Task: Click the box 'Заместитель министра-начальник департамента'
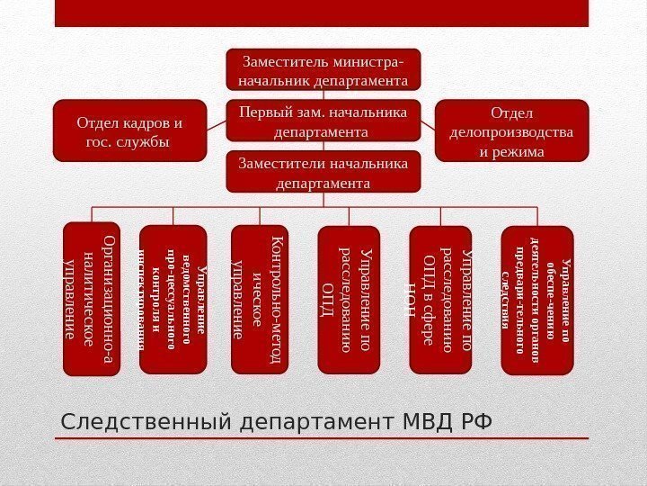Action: click(323, 71)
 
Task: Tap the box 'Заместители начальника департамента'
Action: click(323, 172)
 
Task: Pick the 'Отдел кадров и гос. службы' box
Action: click(130, 131)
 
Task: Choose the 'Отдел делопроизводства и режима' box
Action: click(511, 131)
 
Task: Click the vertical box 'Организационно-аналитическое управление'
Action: click(92, 298)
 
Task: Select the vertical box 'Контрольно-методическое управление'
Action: click(259, 298)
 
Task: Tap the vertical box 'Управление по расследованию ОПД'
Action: click(350, 298)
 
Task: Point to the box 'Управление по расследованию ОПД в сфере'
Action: click(440, 298)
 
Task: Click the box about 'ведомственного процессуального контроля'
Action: click(173, 298)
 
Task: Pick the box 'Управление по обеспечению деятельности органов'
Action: click(536, 298)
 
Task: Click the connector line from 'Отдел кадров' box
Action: click(216, 124)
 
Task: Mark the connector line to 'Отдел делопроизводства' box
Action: click(428, 124)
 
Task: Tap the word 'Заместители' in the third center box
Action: click(280, 163)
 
